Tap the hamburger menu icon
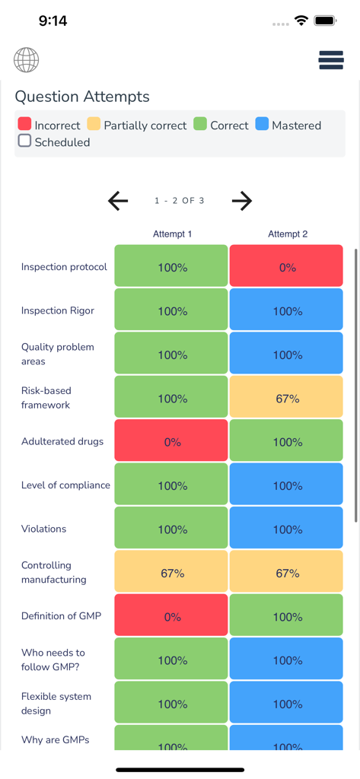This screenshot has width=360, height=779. pyautogui.click(x=331, y=60)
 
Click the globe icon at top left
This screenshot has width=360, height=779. pyautogui.click(x=26, y=60)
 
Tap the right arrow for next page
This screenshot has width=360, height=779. pyautogui.click(x=241, y=201)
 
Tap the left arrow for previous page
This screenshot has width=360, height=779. pyautogui.click(x=118, y=201)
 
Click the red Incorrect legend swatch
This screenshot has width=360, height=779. pyautogui.click(x=24, y=124)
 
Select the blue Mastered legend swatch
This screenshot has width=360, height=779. pyautogui.click(x=262, y=124)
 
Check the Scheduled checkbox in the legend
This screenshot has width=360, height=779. pyautogui.click(x=24, y=141)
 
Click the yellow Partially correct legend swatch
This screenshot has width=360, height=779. pyautogui.click(x=94, y=124)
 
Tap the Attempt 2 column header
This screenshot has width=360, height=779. pyautogui.click(x=288, y=234)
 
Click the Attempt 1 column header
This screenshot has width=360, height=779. pyautogui.click(x=172, y=234)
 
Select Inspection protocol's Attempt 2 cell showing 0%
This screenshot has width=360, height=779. pyautogui.click(x=287, y=267)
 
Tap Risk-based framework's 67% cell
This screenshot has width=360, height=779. pyautogui.click(x=287, y=399)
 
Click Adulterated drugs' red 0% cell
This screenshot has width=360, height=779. pyautogui.click(x=171, y=442)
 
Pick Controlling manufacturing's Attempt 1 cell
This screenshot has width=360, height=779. pyautogui.click(x=171, y=573)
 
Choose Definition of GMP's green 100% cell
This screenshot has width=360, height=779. pyautogui.click(x=287, y=617)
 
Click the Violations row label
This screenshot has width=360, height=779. pyautogui.click(x=43, y=529)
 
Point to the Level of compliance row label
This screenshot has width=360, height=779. pyautogui.click(x=65, y=485)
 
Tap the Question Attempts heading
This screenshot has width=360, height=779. pyautogui.click(x=82, y=97)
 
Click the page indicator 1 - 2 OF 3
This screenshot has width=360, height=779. pyautogui.click(x=180, y=201)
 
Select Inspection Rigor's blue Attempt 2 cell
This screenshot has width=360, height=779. pyautogui.click(x=287, y=311)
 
